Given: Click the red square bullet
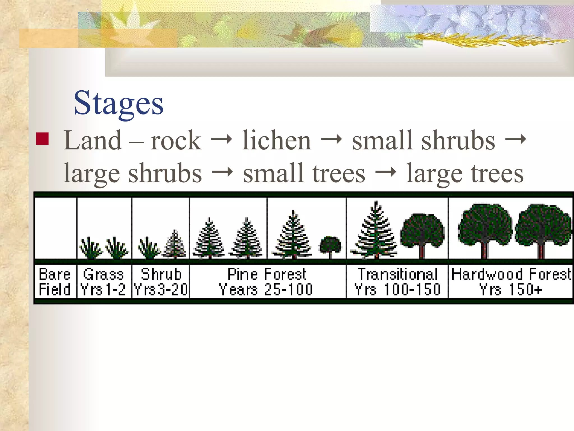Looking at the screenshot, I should point(43,139).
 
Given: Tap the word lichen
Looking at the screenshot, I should point(276,141).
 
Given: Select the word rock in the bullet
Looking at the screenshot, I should point(176,141).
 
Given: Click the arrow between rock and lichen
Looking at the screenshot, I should point(221,139).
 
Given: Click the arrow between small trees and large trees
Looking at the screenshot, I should point(386,172).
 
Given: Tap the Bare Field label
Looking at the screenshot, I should point(55,282).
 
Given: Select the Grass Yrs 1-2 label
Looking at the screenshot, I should point(103,282).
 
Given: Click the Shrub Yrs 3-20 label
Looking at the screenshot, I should point(161,282).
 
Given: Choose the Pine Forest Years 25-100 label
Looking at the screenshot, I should point(267,282).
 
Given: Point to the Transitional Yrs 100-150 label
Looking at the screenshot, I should point(397,282).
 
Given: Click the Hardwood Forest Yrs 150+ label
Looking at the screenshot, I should point(511,282).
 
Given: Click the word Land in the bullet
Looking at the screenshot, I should point(92,141).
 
